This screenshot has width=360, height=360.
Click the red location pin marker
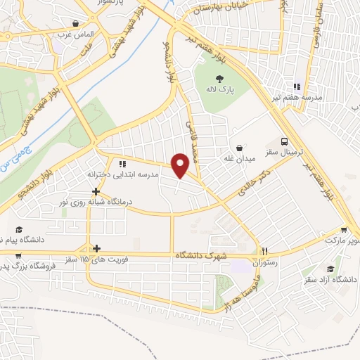[x=181, y=165]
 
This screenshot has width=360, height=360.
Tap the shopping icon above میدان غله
[x=241, y=148]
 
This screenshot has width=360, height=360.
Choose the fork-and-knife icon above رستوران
[x=265, y=250]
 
